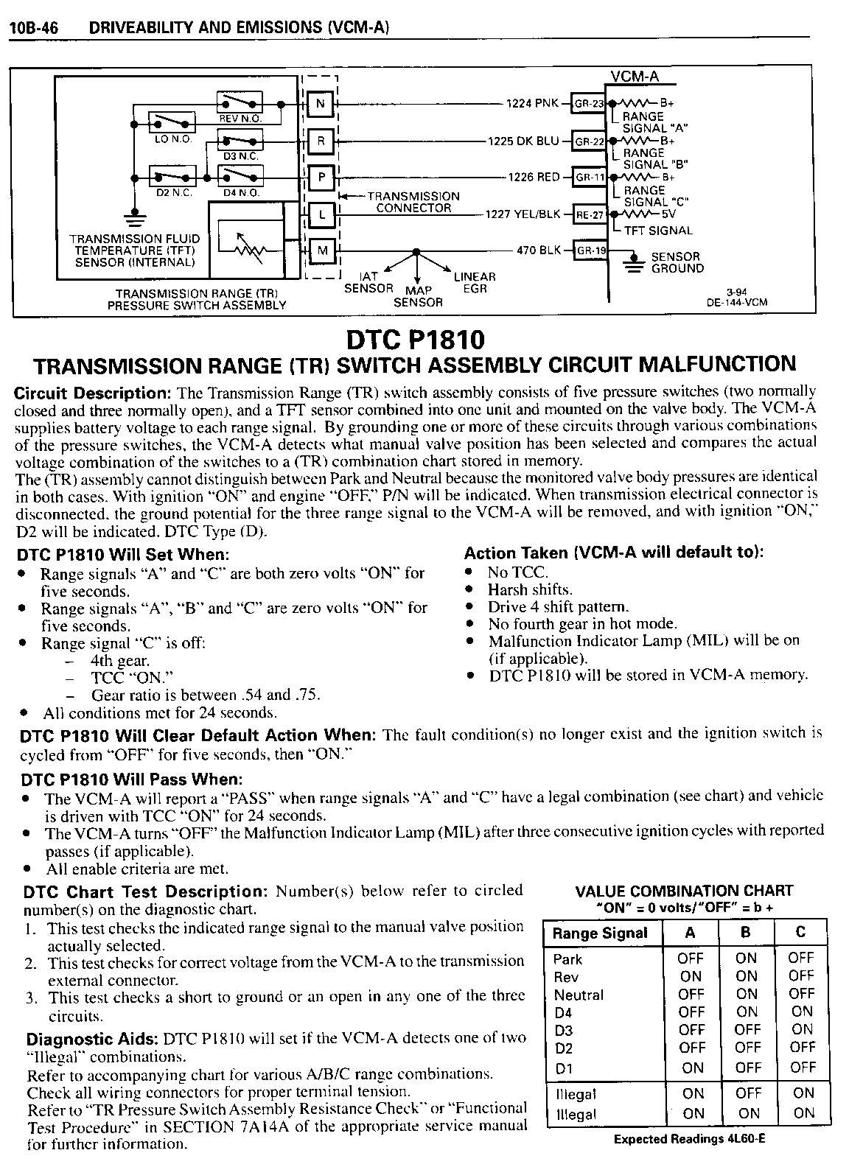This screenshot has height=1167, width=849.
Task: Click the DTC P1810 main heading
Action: [x=415, y=340]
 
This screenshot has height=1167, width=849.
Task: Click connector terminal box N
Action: [x=321, y=103]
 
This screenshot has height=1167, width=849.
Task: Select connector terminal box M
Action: [x=321, y=250]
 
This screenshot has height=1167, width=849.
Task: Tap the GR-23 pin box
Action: [x=589, y=104]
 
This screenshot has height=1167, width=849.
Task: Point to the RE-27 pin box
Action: [x=589, y=215]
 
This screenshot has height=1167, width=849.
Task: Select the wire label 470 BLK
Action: [x=539, y=250]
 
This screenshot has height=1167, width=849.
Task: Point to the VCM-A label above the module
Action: [x=635, y=77]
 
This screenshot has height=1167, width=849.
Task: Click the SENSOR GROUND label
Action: [x=677, y=263]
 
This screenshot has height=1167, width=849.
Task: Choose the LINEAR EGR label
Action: [x=475, y=283]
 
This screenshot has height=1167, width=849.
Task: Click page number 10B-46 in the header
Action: [x=34, y=28]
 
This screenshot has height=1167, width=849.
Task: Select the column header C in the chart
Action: [x=800, y=933]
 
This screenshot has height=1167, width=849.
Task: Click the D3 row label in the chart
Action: [x=564, y=1030]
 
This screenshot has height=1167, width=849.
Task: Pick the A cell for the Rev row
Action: [x=691, y=977]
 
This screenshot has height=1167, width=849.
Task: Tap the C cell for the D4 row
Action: [x=801, y=1012]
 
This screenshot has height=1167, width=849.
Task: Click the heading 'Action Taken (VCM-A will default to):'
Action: [x=613, y=553]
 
